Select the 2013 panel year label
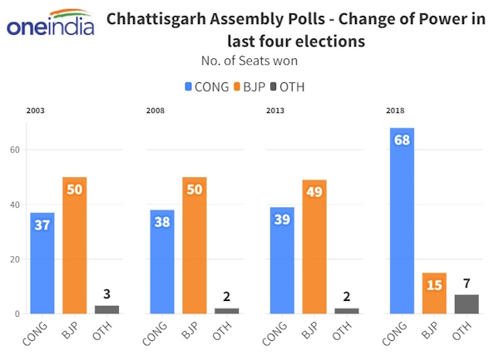[275, 111]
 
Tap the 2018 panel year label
[395, 111]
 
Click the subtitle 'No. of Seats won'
[249, 61]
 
